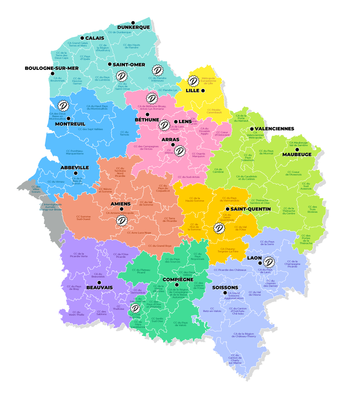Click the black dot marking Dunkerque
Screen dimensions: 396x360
click(133, 22)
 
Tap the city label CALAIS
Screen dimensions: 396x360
click(95, 38)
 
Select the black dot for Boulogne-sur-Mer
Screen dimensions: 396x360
click(53, 74)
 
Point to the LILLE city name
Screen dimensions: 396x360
click(193, 91)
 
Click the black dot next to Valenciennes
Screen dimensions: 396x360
click(252, 129)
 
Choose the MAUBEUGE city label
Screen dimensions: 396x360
click(297, 155)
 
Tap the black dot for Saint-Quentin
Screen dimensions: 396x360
click(227, 209)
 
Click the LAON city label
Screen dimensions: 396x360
click(254, 258)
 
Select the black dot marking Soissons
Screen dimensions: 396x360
click(225, 293)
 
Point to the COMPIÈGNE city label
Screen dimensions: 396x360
click(178, 280)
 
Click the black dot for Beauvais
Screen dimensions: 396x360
click(99, 282)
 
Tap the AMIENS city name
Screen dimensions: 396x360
click(120, 204)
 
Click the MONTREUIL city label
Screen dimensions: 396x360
click(70, 124)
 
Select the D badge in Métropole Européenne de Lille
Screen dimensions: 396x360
click(194, 81)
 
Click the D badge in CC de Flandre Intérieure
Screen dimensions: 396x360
click(157, 70)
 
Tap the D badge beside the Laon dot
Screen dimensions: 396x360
click(269, 262)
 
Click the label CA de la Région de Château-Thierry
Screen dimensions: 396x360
click(244, 335)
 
